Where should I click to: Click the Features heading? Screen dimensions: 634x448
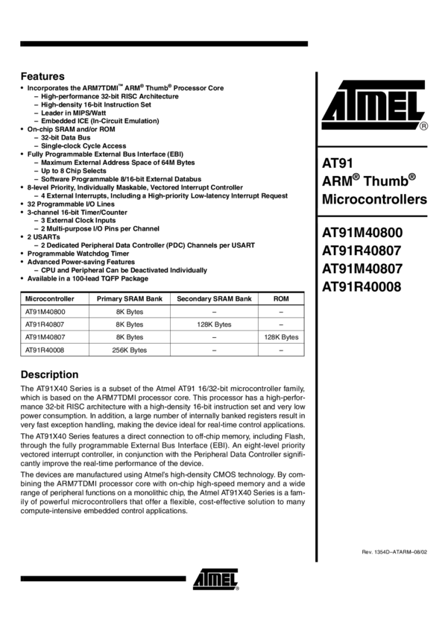point(42,76)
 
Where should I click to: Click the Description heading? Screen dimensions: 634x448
point(49,374)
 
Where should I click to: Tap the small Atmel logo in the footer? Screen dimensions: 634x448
point(215,579)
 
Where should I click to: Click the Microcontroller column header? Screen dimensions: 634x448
point(49,298)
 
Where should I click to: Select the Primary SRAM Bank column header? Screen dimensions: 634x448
point(130,298)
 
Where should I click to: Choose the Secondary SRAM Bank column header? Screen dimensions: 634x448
point(214,298)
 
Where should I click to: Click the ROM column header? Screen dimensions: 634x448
point(281,298)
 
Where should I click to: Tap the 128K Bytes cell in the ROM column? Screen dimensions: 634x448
point(281,337)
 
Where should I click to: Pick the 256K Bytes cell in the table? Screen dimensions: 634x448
point(130,350)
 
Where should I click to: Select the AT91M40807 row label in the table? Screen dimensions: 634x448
point(45,337)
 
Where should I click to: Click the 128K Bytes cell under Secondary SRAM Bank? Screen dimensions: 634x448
point(214,324)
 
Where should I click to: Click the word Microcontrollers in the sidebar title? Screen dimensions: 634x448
point(374,200)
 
